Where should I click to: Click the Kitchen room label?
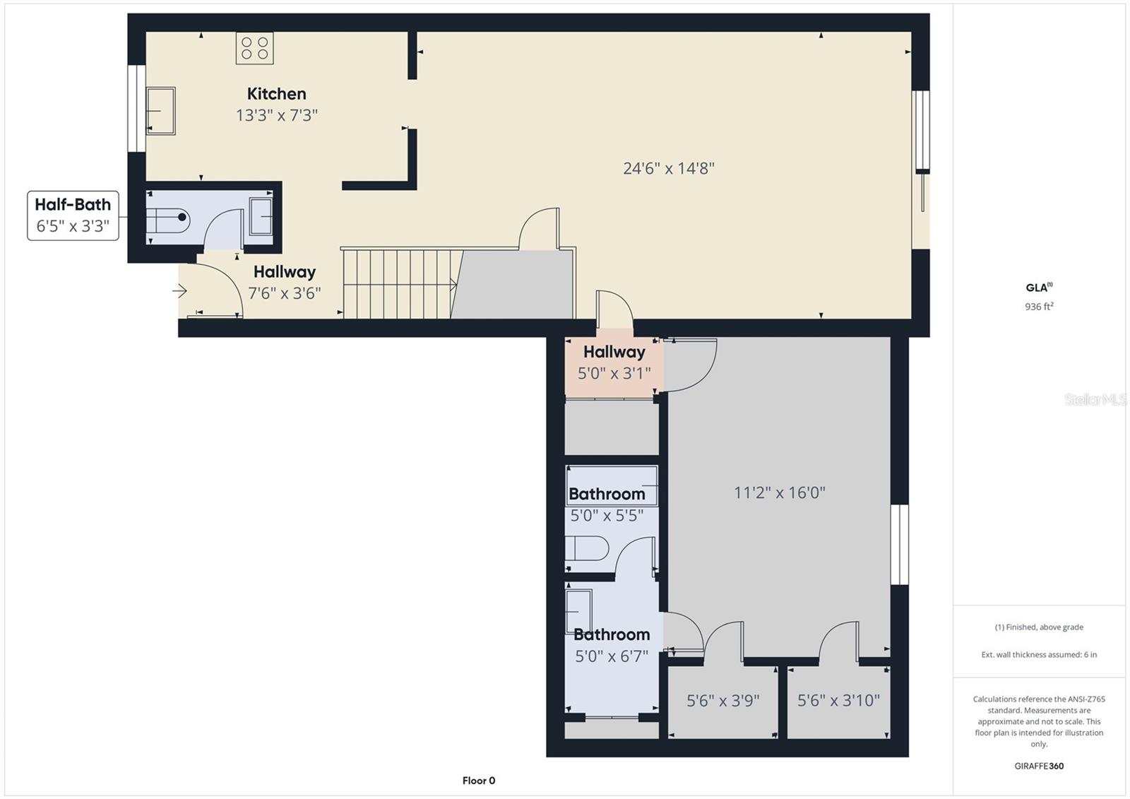coord(276,94)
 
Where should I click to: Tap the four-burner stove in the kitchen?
coord(254,48)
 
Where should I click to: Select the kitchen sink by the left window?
coord(160,110)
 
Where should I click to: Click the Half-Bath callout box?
coord(73,215)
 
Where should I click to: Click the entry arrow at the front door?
coord(179,291)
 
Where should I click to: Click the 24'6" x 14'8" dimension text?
coord(668,168)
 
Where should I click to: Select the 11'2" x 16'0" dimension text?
coord(779,492)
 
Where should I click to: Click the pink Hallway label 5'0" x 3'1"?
coord(614,362)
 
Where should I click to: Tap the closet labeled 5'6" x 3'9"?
coord(722,701)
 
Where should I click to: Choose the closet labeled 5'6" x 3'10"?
coord(838,701)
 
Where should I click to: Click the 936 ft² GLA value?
coord(1039,307)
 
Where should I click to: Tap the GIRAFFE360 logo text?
coord(1039,766)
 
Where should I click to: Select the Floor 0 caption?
coord(479,781)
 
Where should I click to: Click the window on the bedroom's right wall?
coord(899,544)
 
